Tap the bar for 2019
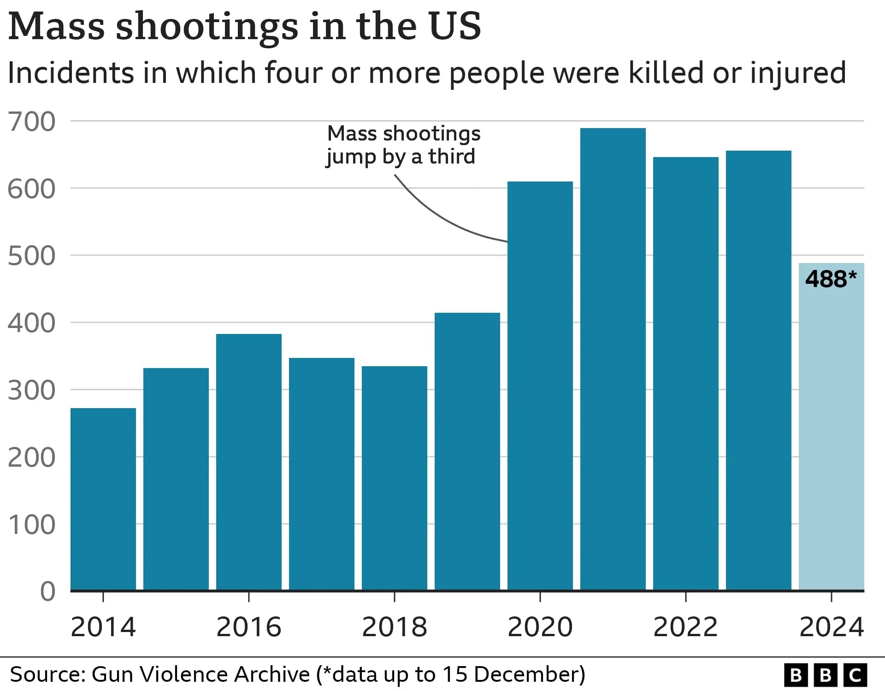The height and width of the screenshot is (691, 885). [x=467, y=451]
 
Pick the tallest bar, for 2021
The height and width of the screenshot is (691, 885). [x=613, y=359]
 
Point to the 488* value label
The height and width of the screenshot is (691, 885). [x=831, y=279]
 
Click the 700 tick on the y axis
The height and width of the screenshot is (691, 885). [x=31, y=122]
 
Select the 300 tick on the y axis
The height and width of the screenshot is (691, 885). [x=31, y=391]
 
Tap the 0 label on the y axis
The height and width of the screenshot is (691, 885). [x=47, y=591]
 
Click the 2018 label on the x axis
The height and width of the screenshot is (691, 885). [x=394, y=627]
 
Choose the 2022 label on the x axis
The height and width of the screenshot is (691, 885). [x=685, y=627]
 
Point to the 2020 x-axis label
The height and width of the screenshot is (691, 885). [x=540, y=627]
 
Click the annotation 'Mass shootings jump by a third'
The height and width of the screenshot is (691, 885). [x=403, y=145]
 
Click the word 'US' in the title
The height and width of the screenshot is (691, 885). [x=454, y=26]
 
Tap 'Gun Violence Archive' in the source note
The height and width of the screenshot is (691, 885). [x=201, y=674]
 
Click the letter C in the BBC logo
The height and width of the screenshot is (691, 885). [x=855, y=675]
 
